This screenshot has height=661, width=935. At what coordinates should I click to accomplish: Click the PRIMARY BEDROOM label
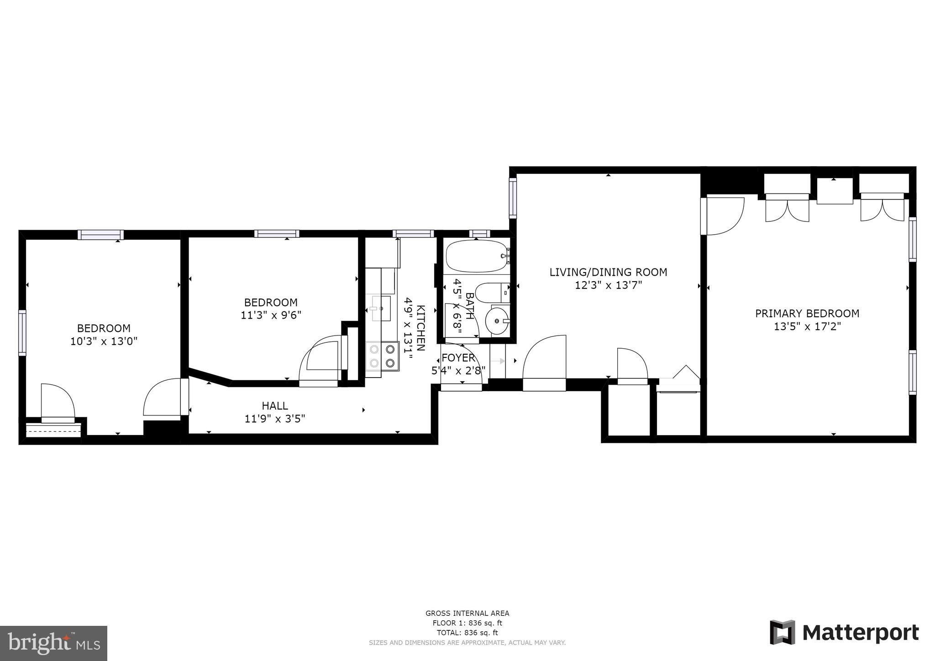[807, 314]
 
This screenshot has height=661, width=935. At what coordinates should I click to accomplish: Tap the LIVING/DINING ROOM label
[608, 273]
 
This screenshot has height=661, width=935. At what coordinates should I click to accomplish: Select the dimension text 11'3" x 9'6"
[271, 315]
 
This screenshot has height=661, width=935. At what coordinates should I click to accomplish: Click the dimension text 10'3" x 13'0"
[104, 341]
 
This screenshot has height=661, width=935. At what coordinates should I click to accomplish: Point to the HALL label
[275, 406]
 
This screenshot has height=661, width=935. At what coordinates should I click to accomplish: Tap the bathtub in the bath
[476, 256]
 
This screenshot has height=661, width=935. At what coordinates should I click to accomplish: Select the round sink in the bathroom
[496, 321]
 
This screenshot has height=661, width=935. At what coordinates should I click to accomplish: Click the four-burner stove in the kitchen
[382, 357]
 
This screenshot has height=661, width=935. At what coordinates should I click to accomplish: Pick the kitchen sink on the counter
[381, 308]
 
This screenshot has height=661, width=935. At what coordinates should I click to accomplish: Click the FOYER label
[458, 358]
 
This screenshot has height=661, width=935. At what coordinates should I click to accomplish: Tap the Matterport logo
[844, 633]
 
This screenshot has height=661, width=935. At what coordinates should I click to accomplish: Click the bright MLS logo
[53, 643]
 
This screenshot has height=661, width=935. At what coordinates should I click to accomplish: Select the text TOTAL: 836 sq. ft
[467, 633]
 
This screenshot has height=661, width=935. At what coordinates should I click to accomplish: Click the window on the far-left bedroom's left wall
[22, 332]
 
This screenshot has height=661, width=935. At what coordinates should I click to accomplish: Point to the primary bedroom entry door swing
[724, 215]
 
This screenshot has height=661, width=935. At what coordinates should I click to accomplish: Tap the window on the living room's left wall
[513, 198]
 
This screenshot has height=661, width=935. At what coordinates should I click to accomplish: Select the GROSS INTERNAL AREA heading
[467, 614]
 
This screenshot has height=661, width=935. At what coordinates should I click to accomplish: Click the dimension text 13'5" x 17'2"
[807, 327]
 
